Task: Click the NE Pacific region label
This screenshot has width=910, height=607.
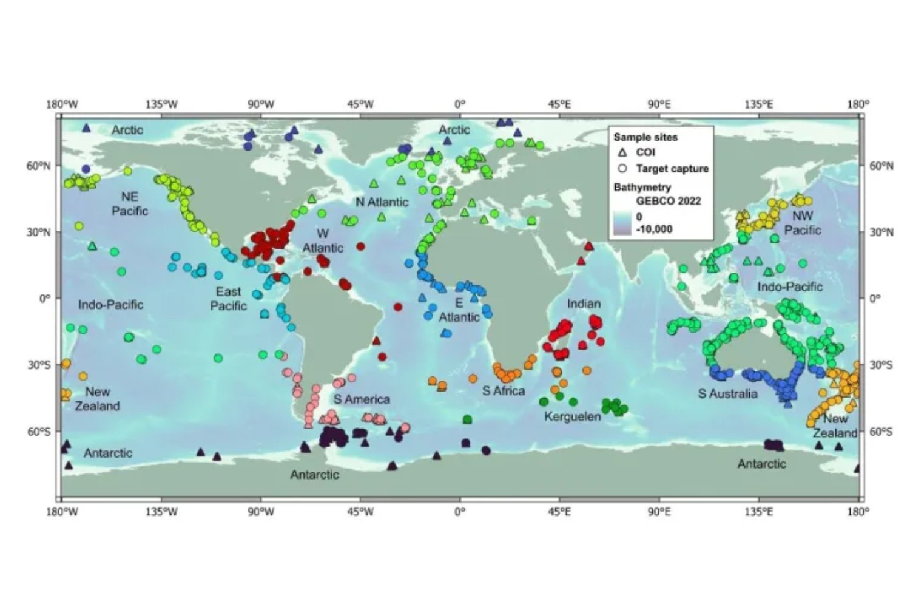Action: (130, 203)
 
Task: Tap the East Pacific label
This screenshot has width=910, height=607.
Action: (228, 298)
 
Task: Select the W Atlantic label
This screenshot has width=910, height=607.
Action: (323, 240)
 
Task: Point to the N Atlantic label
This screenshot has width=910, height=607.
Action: (382, 202)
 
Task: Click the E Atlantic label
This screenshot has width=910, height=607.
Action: (459, 310)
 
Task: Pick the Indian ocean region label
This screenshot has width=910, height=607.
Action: (584, 303)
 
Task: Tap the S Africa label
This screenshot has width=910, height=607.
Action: (503, 391)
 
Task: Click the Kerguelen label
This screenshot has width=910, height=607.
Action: (572, 416)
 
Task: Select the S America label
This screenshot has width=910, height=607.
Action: (362, 399)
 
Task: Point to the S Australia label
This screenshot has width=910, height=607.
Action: (727, 393)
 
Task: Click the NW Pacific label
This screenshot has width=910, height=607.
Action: (802, 223)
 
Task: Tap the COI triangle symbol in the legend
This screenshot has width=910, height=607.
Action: (622, 152)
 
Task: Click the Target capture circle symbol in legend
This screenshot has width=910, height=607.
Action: (622, 168)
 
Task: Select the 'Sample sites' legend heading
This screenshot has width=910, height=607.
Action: (645, 137)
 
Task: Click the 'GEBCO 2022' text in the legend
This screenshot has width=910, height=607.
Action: (668, 201)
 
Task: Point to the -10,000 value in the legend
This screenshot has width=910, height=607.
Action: (654, 229)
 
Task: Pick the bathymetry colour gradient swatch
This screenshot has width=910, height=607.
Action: (622, 223)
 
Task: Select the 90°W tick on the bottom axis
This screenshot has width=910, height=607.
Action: (260, 512)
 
